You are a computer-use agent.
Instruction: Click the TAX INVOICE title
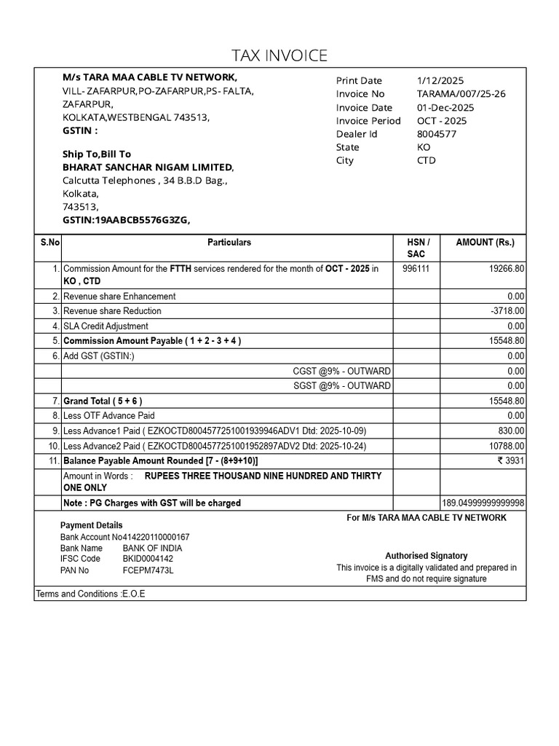[279, 55]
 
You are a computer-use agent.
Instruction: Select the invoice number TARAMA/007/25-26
[461, 94]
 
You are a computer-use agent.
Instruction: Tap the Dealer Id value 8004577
[437, 134]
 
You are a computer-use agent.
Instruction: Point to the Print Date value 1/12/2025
[440, 81]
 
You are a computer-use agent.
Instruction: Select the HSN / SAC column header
[417, 248]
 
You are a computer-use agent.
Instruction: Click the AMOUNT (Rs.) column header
[484, 242]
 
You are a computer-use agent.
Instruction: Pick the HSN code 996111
[416, 269]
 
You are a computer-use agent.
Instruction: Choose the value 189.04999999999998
[483, 503]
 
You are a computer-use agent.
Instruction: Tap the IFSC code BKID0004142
[148, 559]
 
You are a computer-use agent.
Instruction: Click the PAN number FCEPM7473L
[148, 570]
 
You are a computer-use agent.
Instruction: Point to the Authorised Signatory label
[426, 556]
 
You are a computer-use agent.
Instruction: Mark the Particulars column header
[229, 242]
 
